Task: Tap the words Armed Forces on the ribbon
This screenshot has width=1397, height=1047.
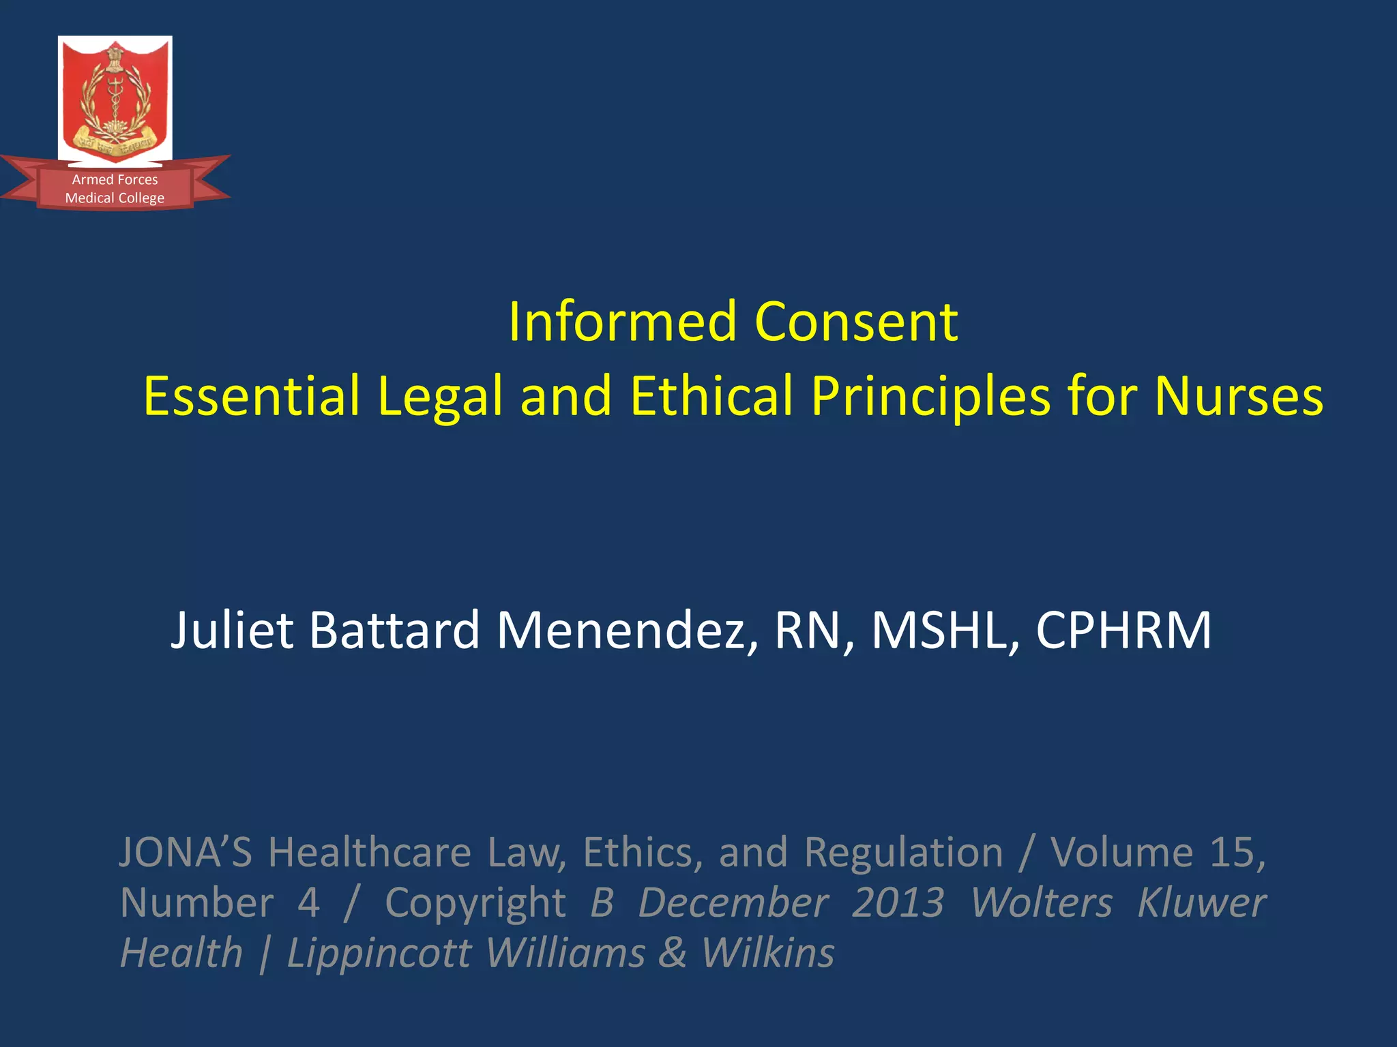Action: coord(115,180)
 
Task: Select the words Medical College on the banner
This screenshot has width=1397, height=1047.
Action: coord(115,198)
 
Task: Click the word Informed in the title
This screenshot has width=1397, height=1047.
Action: coord(622,322)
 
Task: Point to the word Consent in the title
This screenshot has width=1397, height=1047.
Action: coord(856,322)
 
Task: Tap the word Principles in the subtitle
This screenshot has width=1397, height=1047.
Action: coord(930,397)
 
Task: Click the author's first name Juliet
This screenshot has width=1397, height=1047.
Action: coord(232,630)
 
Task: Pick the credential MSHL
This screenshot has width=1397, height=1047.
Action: coord(945,630)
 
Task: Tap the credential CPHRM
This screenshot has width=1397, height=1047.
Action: coord(1123,630)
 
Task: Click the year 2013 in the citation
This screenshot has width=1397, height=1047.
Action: coord(898,903)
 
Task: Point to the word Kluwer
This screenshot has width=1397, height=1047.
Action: coord(1201,903)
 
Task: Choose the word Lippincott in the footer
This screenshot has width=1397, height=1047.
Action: coord(379,953)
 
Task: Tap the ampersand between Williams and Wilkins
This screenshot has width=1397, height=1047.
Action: coord(673,953)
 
